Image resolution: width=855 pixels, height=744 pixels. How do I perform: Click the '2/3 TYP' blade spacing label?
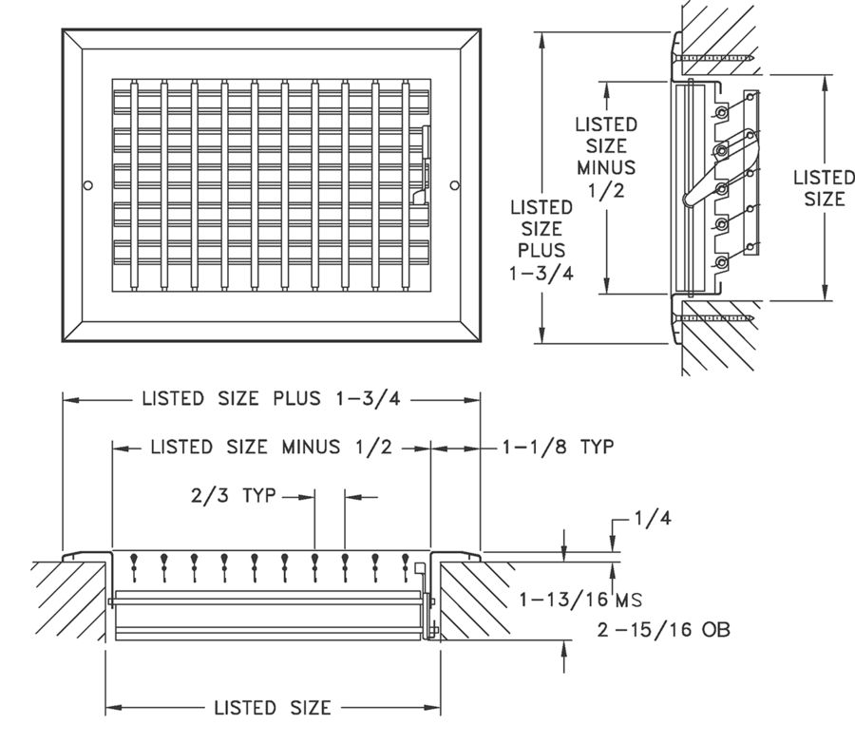(233, 495)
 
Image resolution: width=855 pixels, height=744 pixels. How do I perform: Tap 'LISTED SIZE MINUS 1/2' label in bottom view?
(272, 447)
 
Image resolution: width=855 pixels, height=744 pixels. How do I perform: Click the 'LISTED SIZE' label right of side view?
(823, 188)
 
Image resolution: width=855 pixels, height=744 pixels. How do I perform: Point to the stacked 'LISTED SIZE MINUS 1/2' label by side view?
(607, 157)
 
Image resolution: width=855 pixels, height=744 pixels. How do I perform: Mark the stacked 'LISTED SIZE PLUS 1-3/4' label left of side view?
(541, 239)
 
